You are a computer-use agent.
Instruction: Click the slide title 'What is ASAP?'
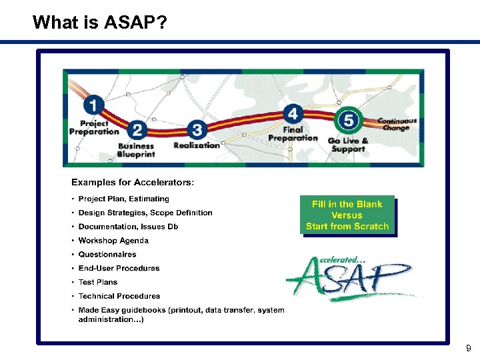[100, 23]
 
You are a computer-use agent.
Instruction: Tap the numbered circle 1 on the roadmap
[94, 105]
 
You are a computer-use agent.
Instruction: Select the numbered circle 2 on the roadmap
[137, 130]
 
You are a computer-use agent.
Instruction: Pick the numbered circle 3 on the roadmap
[196, 129]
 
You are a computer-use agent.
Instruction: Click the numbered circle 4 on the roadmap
[292, 113]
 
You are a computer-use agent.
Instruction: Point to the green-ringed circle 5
[349, 121]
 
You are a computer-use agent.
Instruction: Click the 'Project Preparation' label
[94, 127]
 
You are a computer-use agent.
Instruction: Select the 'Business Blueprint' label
[136, 150]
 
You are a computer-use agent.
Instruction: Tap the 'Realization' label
[196, 145]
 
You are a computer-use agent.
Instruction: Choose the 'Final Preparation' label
[293, 134]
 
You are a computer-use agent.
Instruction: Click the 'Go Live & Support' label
[347, 145]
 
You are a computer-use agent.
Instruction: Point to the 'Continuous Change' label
[397, 125]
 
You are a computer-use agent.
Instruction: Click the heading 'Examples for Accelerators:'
[133, 182]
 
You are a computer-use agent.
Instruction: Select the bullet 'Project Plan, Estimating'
[123, 199]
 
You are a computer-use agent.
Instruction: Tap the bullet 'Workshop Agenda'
[113, 241]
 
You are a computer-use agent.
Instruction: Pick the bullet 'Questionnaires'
[107, 254]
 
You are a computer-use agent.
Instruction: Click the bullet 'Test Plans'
[98, 282]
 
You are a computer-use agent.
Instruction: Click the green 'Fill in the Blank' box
[347, 215]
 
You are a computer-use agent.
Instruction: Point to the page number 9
[468, 348]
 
